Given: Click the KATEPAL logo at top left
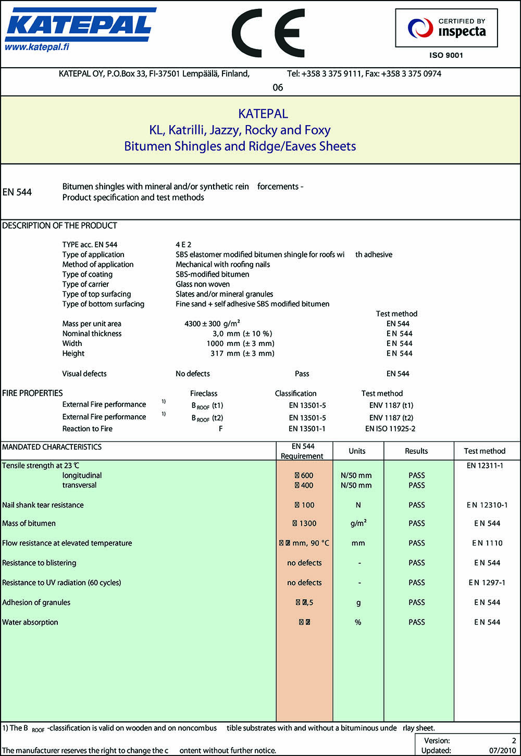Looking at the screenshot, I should tap(79, 24).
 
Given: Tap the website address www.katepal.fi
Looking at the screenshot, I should tap(37, 47).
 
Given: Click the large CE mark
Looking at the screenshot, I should tap(268, 33).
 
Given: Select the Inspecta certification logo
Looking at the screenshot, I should tap(446, 28).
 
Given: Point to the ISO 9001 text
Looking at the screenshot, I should tap(446, 55).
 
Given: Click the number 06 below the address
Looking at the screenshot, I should tap(278, 88).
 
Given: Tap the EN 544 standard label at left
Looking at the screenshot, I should tap(17, 192).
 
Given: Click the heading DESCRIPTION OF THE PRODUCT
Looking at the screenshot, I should tap(59, 226).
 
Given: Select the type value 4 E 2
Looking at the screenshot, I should tap(183, 244).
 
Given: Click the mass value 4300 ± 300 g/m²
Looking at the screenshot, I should tap(212, 324).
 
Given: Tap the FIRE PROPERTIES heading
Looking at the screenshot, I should tap(32, 393).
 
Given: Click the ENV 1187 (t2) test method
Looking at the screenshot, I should tap(391, 418).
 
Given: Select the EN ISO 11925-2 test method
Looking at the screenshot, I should tap(390, 429).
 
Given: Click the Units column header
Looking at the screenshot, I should tap(357, 451).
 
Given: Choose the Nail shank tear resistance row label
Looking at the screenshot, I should tap(43, 505).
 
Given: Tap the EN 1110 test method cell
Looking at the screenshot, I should tap(487, 543).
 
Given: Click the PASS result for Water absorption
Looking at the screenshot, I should tap(417, 622).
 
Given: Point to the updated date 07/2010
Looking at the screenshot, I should tap(502, 751).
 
